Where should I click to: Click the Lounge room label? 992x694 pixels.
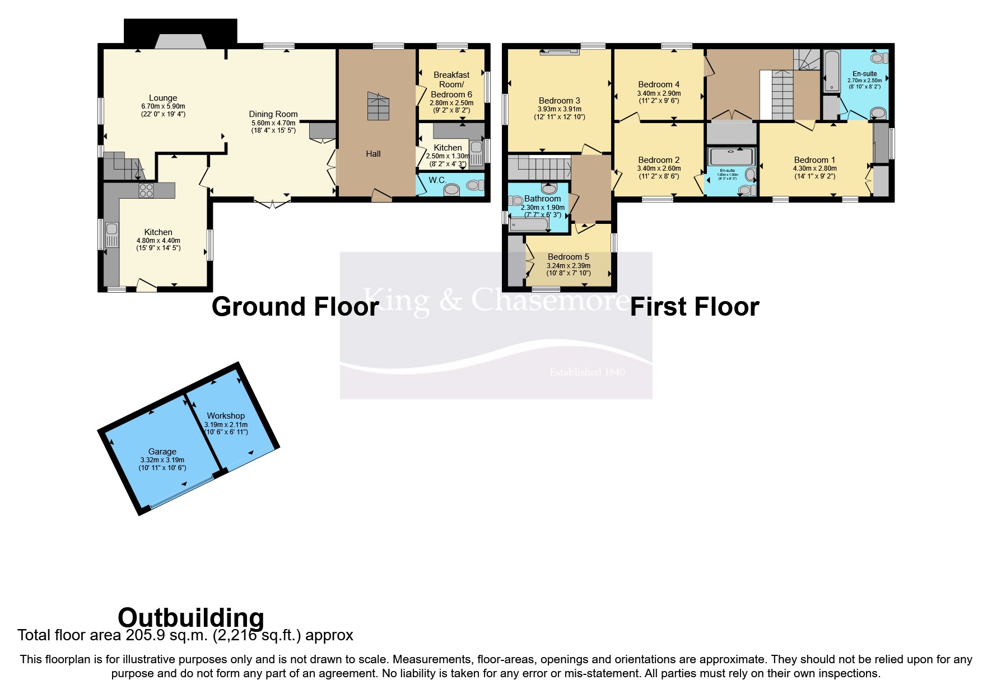tap(163, 98)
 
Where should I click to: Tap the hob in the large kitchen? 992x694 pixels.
tap(146, 190)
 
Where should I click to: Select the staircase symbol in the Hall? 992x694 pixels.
tap(378, 106)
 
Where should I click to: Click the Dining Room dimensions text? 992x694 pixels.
tap(273, 126)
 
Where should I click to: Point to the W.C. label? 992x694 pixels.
tap(437, 180)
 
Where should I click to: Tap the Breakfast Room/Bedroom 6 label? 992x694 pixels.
tap(451, 85)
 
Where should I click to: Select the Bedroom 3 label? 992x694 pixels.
tap(559, 101)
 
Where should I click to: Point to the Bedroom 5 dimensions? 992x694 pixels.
tap(569, 270)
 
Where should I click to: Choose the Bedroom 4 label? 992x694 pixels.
tap(659, 85)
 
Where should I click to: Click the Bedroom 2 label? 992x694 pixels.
tap(659, 160)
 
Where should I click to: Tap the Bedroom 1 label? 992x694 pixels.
tap(814, 160)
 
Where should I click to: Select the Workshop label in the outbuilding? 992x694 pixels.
tap(226, 416)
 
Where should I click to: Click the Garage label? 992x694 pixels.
tap(162, 452)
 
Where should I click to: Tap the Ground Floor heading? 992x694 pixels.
tap(295, 307)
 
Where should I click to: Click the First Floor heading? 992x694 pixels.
tap(695, 307)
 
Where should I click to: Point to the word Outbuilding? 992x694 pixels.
tap(191, 618)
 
